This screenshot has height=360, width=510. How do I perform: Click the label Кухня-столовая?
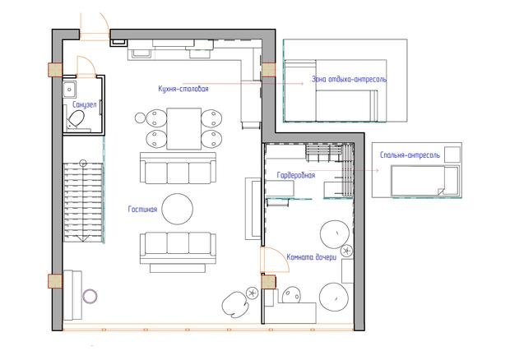[183, 89]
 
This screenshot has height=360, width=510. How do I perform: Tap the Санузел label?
[84, 104]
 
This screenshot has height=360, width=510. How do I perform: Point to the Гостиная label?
[142, 210]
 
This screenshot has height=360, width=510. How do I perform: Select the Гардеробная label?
[295, 175]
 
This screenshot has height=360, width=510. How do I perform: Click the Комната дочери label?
[311, 257]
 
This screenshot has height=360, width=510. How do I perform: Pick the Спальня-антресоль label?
[410, 155]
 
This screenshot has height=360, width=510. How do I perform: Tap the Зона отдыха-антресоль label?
[349, 79]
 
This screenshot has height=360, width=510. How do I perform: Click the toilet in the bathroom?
[76, 119]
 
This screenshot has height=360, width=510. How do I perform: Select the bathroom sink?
[69, 90]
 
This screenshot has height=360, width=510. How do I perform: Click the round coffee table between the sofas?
[177, 209]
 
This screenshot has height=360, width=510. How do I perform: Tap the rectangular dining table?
[183, 128]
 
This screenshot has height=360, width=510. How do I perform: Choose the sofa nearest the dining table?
[178, 168]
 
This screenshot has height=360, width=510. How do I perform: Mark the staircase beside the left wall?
[83, 202]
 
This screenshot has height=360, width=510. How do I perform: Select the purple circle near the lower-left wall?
[90, 297]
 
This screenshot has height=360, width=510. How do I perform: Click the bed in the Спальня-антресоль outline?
[425, 181]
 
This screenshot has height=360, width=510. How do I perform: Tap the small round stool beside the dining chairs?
[140, 118]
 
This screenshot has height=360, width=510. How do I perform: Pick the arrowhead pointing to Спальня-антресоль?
[377, 170]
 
